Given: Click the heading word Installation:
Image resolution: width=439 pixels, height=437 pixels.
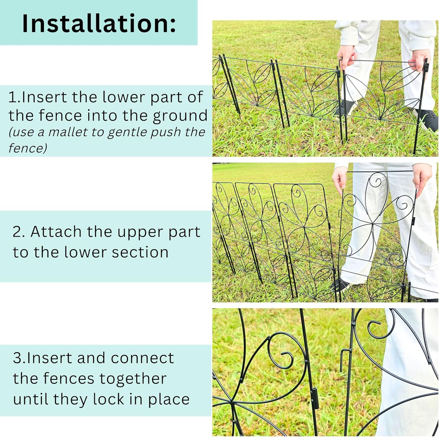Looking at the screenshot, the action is [99, 23].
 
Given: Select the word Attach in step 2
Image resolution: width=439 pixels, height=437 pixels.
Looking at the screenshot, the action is [56, 232].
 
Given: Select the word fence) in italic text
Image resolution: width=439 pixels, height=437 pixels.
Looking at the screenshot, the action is [28, 148].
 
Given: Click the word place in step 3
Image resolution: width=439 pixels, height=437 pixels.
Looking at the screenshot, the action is [169, 400].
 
